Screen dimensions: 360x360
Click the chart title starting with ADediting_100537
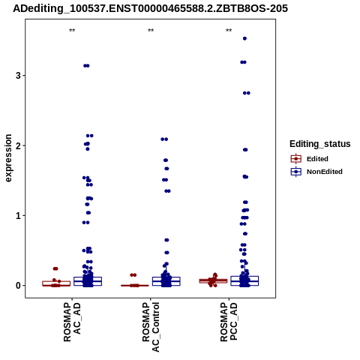(150, 8)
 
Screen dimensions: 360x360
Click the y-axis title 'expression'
(8, 158)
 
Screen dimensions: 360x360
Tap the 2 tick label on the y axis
(18, 145)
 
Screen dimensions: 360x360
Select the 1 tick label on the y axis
(18, 215)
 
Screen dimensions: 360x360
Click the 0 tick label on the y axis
(18, 286)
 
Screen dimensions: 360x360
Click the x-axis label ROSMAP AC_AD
(72, 322)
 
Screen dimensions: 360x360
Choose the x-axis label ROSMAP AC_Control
(151, 327)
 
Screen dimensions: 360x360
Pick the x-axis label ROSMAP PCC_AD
(229, 322)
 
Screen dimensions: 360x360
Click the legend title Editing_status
(320, 144)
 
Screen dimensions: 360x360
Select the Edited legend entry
(310, 159)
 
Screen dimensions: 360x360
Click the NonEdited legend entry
(316, 172)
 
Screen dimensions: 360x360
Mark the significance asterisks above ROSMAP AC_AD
(72, 31)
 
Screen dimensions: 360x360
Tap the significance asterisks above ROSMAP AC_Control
(151, 31)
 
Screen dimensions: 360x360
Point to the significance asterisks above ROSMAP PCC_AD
(229, 31)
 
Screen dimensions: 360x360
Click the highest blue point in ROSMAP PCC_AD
(244, 38)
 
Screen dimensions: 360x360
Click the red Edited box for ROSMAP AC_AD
(56, 283)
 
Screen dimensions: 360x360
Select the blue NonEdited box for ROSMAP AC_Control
(166, 281)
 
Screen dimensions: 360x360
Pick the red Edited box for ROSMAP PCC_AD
(213, 281)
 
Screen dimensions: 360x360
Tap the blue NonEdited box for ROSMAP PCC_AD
(244, 280)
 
